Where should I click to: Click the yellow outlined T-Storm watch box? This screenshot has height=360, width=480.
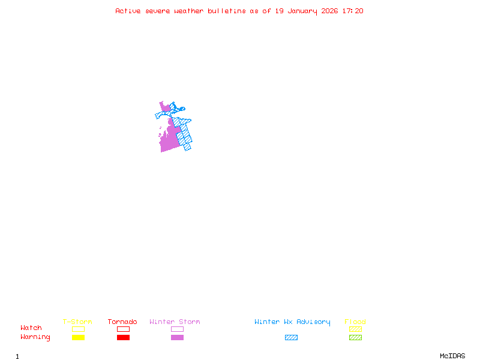click(x=78, y=329)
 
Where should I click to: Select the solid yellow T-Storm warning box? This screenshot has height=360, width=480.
click(x=78, y=337)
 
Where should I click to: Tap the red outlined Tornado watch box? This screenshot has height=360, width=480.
click(x=123, y=329)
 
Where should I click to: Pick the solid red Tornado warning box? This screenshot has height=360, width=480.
click(x=123, y=337)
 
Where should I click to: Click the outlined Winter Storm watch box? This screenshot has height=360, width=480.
click(x=177, y=329)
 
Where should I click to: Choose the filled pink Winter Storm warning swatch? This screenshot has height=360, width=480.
click(x=177, y=337)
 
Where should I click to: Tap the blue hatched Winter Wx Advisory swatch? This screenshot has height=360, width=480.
click(x=291, y=337)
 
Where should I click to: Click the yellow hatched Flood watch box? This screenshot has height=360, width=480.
click(x=355, y=329)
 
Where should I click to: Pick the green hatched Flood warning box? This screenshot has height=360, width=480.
click(x=355, y=337)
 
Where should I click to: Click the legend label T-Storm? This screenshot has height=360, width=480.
click(x=77, y=322)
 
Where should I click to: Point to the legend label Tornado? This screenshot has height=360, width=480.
click(x=122, y=322)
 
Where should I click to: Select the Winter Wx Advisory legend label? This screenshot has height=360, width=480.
click(x=292, y=322)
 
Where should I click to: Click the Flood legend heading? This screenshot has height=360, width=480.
click(x=355, y=322)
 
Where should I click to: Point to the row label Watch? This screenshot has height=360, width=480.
click(x=31, y=328)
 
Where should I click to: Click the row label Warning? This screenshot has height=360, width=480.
click(x=35, y=337)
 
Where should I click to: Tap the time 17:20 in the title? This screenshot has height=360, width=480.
click(x=352, y=11)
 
